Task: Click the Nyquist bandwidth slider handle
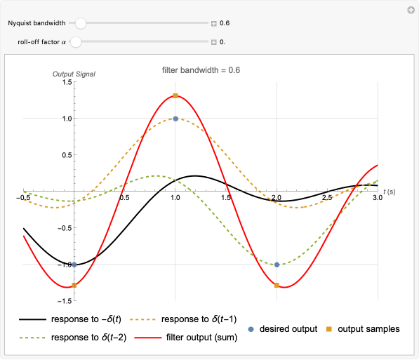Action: click(x=81, y=23)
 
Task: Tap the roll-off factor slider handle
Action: click(x=75, y=41)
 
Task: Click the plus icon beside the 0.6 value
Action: click(x=214, y=23)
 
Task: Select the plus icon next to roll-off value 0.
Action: click(x=214, y=41)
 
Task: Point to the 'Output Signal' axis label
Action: click(x=74, y=74)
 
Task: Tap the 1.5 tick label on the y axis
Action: click(x=67, y=82)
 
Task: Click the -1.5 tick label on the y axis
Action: click(x=65, y=300)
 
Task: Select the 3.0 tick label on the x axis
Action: click(x=377, y=199)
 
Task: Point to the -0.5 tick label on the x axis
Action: click(x=24, y=199)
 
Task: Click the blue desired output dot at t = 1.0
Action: click(x=175, y=119)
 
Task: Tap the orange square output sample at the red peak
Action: click(x=175, y=96)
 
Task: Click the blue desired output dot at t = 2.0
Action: click(x=277, y=265)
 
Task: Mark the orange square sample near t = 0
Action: click(x=74, y=285)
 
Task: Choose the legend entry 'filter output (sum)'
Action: click(x=201, y=337)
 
